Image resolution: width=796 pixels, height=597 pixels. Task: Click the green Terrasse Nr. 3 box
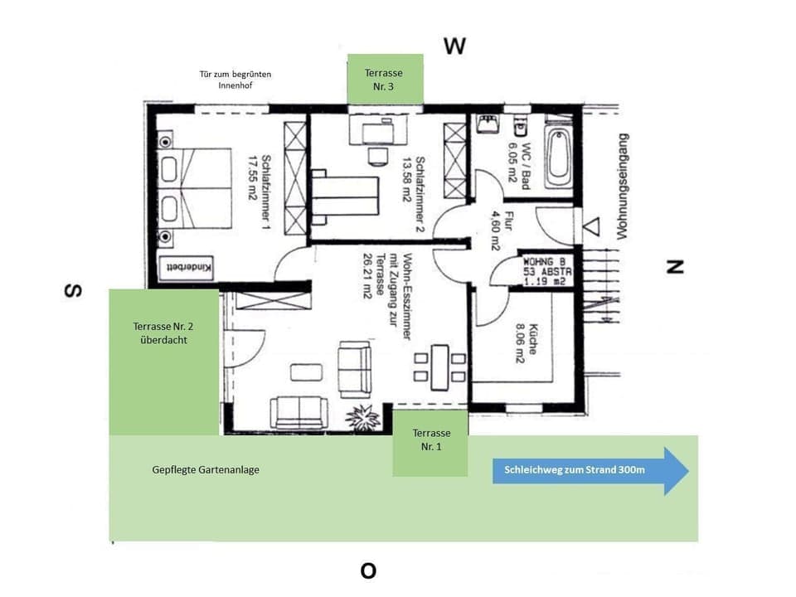tap(385, 79)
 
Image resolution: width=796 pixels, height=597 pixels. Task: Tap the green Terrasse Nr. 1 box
tap(430, 443)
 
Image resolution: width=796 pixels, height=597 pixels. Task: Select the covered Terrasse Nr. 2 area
tap(163, 362)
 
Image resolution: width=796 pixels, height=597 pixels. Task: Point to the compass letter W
tap(454, 46)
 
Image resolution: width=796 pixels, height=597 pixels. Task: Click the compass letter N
tap(676, 267)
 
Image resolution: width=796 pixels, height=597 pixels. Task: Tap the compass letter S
tap(74, 291)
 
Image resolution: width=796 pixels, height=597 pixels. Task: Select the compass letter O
tap(368, 570)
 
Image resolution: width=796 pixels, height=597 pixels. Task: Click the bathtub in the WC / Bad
tap(559, 157)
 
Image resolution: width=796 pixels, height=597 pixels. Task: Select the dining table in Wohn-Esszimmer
tap(439, 366)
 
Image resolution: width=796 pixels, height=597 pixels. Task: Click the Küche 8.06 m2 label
tap(527, 342)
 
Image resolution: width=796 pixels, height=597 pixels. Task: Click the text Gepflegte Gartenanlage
tap(206, 469)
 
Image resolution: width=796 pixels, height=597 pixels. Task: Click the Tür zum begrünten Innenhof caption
tap(235, 80)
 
